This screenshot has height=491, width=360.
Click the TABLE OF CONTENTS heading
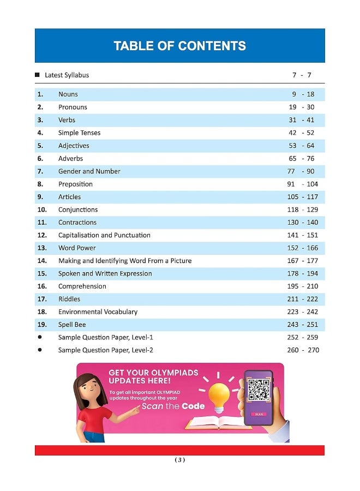pos(179,46)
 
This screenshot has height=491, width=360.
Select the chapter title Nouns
pos(68,94)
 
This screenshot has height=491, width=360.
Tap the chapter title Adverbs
pos(71,158)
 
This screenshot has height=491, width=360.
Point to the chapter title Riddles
pos(69,299)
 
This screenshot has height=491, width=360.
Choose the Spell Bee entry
pos(72,325)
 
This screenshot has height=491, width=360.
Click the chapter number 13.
pos(42,248)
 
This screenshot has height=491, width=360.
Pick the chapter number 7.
pos(40,171)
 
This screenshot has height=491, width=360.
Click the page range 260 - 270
pos(303,350)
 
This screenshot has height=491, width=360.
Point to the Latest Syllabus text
pos(67,75)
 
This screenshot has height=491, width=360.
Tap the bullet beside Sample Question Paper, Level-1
pos(40,337)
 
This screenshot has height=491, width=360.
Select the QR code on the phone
pos(259,390)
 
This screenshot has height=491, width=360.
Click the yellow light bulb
pos(221,392)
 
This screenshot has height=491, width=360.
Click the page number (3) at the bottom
pos(179,460)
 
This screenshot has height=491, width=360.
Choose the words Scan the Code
pos(173,406)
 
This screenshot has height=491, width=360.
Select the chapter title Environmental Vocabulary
pos(98,312)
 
